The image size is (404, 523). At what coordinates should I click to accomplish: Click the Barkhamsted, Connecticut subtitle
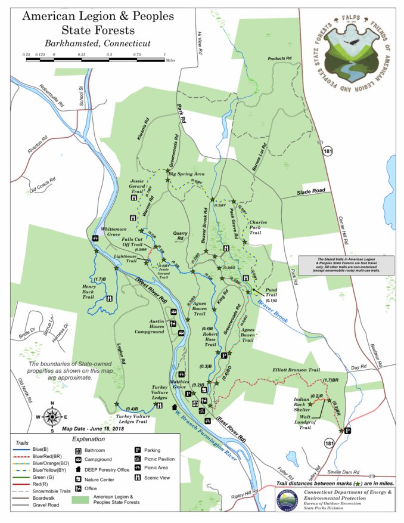point(97,44)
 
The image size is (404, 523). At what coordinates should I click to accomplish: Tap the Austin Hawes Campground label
point(148,327)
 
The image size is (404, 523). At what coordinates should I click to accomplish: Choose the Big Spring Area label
point(187,174)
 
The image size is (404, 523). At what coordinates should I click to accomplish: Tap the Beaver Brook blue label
point(274,311)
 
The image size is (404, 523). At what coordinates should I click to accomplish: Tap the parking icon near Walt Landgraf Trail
point(347,431)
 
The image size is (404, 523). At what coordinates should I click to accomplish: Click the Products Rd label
point(282,58)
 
